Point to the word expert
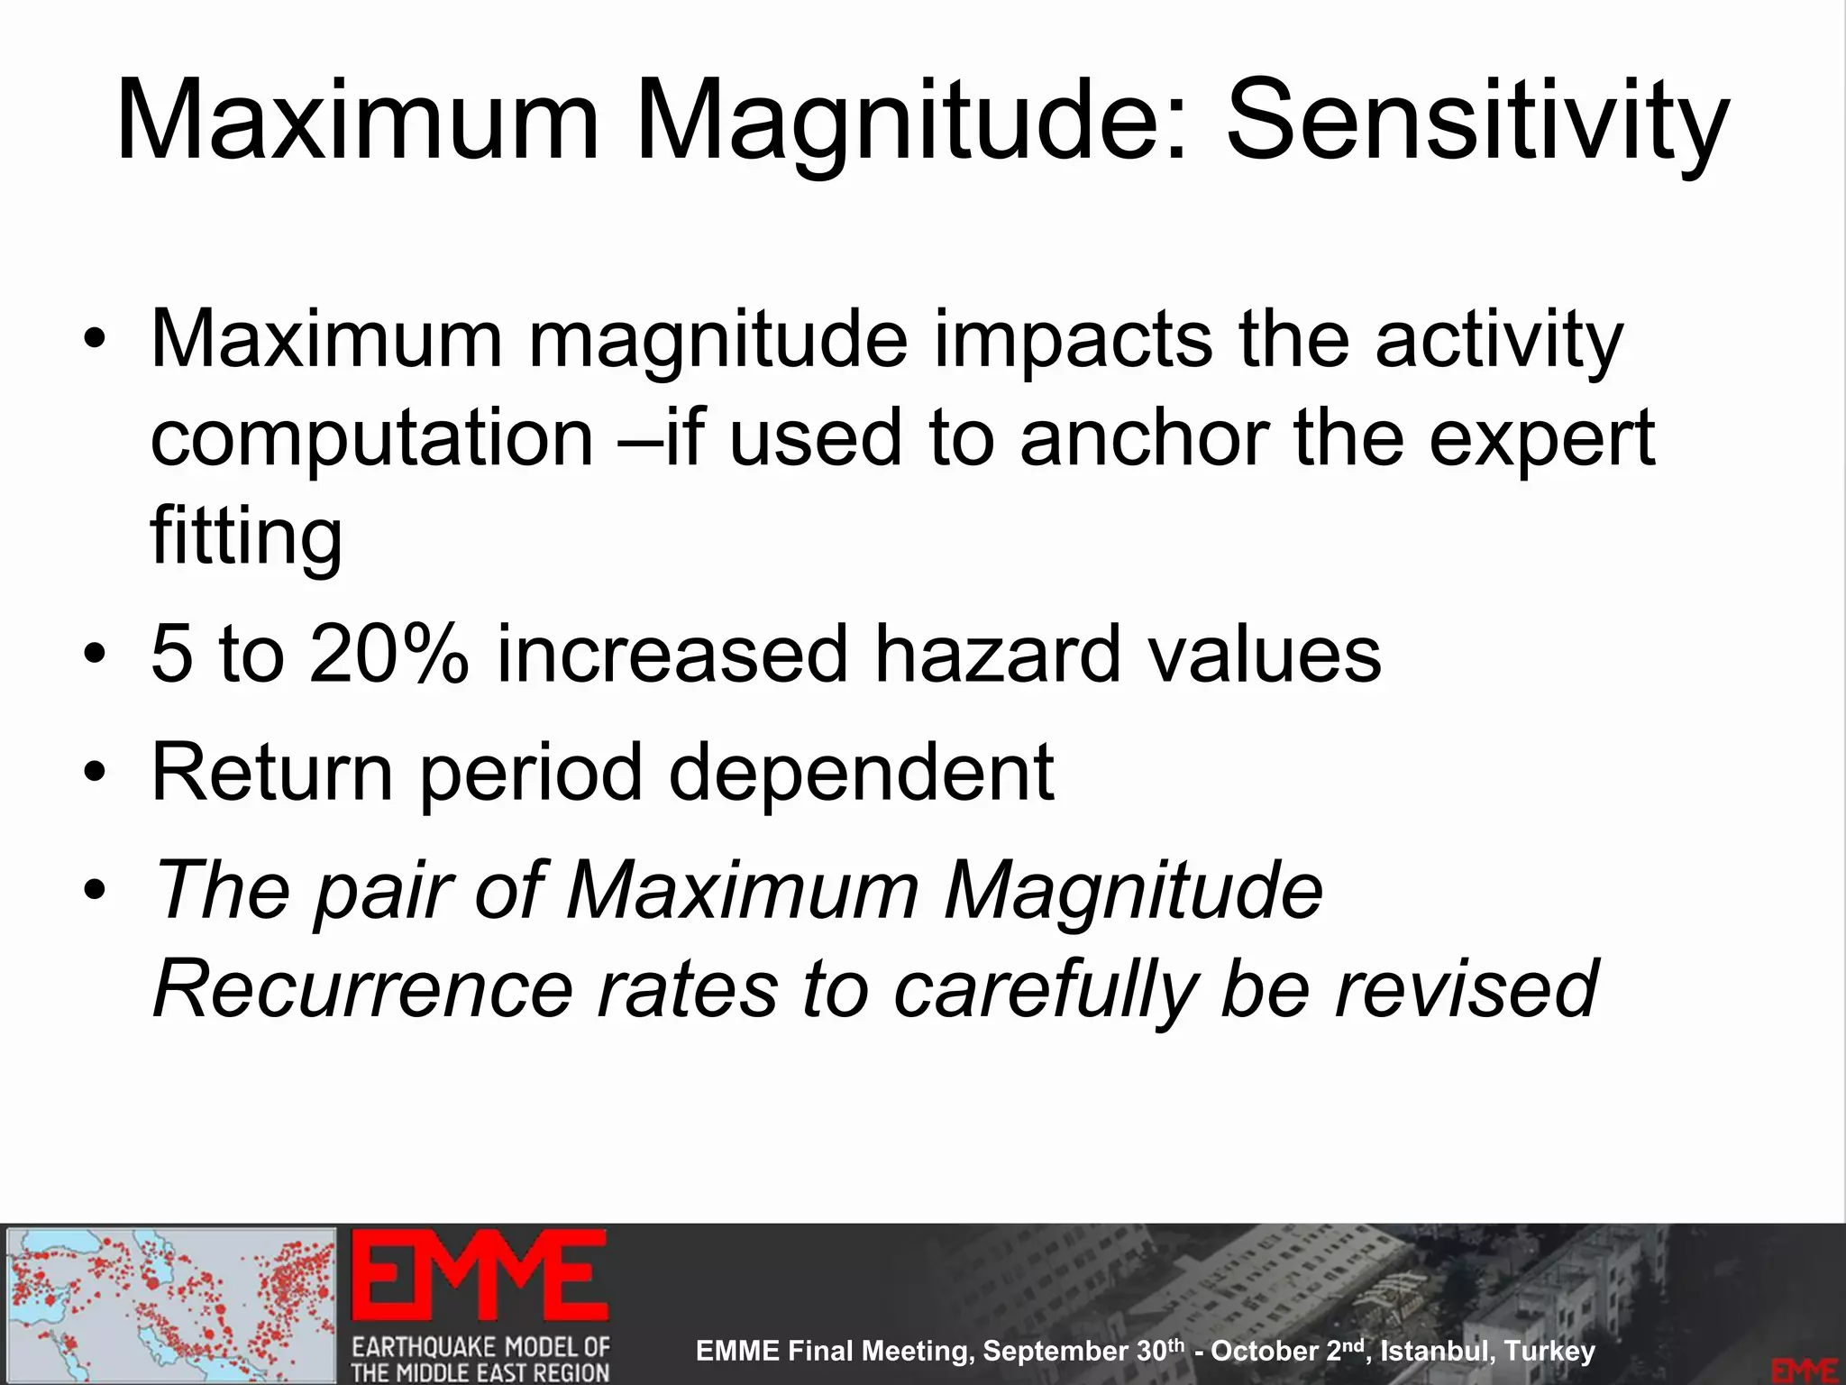tap(1541, 440)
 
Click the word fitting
tap(246, 537)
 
